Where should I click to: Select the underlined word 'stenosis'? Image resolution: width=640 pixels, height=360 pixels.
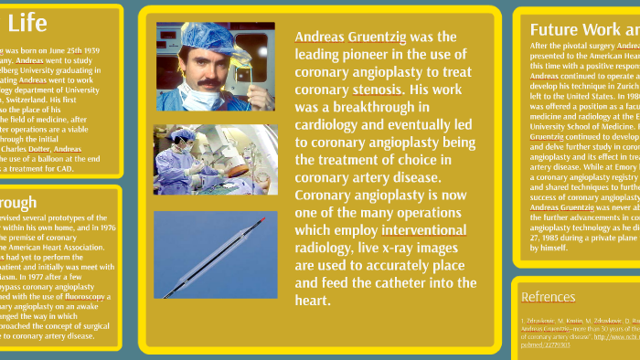point(377,90)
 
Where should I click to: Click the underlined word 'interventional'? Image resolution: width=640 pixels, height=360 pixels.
point(424,229)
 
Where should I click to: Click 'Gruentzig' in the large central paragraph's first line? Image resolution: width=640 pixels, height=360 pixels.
point(378,37)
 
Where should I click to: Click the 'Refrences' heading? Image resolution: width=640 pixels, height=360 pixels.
point(548,297)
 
